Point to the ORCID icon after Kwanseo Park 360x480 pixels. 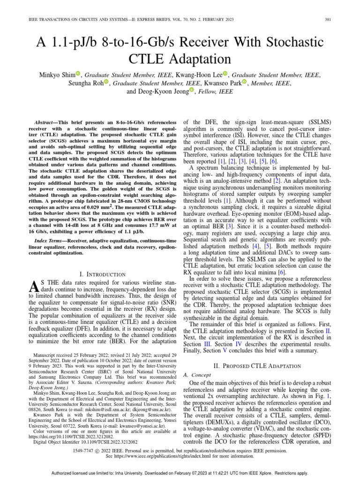244,83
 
